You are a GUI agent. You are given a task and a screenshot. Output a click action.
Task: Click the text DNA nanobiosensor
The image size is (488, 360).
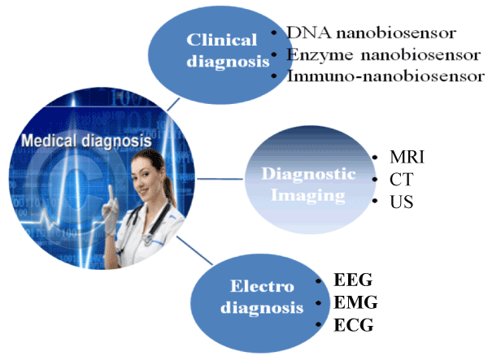tap(372, 33)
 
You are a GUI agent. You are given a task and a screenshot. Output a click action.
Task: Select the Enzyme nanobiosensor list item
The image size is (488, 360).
tap(383, 55)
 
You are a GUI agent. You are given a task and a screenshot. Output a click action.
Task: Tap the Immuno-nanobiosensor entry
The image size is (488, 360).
tap(386, 76)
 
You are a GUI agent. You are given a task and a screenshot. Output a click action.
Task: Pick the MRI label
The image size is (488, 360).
tap(407, 157)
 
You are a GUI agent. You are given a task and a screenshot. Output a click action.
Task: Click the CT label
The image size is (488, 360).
tap(402, 180)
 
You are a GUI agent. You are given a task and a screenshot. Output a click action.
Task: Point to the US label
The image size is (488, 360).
tap(402, 202)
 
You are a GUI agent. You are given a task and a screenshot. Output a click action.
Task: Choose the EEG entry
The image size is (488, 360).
tap(353, 280)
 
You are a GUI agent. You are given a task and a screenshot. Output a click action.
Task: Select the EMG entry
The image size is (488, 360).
tap(355, 302)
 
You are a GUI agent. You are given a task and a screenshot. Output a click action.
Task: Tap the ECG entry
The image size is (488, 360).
tap(353, 325)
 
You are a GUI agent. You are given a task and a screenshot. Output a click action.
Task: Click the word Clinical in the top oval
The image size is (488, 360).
tap(221, 40)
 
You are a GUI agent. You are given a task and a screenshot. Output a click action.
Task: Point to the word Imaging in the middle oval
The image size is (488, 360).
tap(307, 196)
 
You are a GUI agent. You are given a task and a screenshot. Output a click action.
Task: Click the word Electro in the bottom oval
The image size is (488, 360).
tap(262, 286)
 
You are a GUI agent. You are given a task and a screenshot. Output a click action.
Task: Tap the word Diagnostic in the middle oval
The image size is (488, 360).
tap(308, 174)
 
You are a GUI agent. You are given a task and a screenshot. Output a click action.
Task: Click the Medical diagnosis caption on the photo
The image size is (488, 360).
tap(86, 141)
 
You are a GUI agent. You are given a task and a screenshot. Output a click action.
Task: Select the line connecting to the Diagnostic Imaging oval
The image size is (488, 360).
tap(220, 179)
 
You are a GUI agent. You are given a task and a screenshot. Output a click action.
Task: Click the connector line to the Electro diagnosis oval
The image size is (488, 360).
tap(195, 250)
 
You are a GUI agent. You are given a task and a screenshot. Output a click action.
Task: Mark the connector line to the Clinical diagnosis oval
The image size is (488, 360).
tap(173, 105)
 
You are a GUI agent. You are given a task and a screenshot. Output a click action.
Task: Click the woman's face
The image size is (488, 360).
tap(142, 173)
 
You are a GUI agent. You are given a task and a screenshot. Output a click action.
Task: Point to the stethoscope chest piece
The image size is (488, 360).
tap(148, 239)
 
